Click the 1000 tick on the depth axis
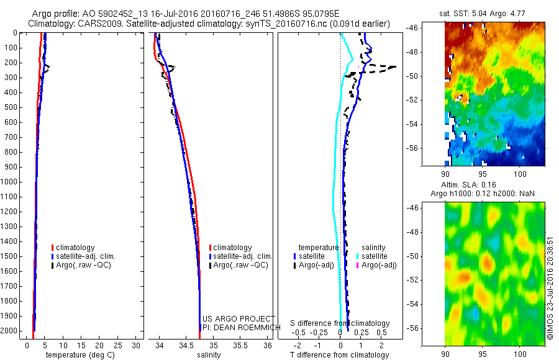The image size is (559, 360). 10,182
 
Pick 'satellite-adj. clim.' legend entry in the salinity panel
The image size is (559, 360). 243,256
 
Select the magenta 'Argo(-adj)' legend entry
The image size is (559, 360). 378,265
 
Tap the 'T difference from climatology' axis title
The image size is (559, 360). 339,355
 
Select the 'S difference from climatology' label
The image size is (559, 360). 340,323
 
